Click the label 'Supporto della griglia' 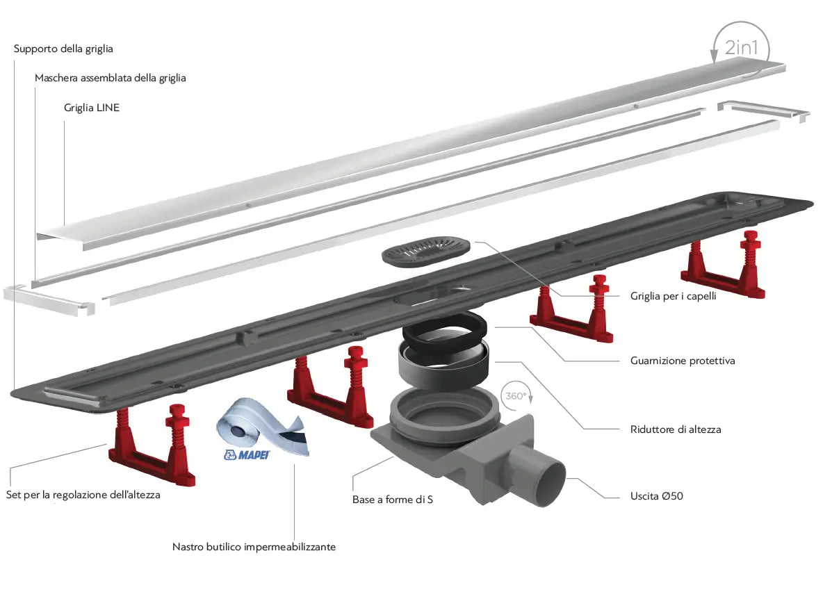coord(63,49)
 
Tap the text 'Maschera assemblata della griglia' coord(111,78)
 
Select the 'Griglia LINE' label coord(92,108)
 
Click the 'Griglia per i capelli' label coord(673,295)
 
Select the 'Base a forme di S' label coord(393,499)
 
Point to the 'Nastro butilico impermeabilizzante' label coord(254,547)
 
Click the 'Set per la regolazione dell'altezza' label coord(83,495)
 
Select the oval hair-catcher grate coord(426,251)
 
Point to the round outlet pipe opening coord(553,480)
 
